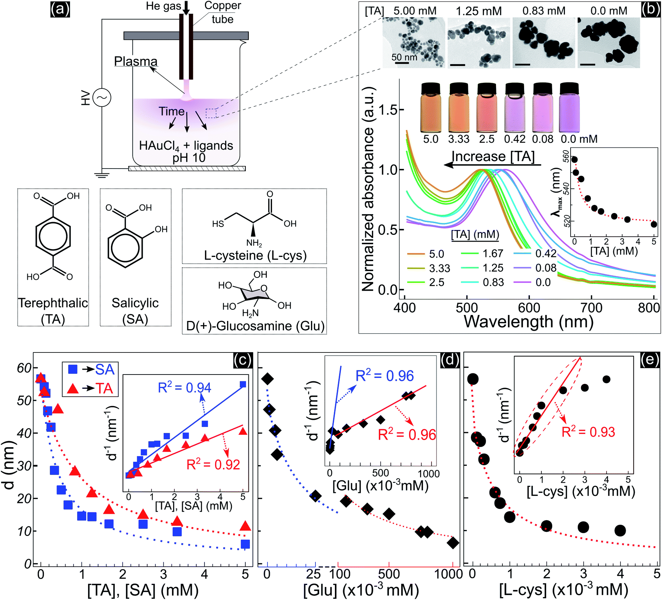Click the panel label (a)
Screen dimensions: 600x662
pyautogui.click(x=60, y=9)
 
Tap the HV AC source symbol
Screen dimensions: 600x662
pyautogui.click(x=102, y=98)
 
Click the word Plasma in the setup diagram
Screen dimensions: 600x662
pyautogui.click(x=136, y=61)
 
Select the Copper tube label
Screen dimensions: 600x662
pyautogui.click(x=223, y=12)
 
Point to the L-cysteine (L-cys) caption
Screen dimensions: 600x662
pyautogui.click(x=255, y=255)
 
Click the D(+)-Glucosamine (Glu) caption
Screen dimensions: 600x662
pyautogui.click(x=255, y=326)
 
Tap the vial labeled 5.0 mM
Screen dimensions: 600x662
pyautogui.click(x=431, y=108)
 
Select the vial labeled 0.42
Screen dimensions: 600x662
pyautogui.click(x=514, y=108)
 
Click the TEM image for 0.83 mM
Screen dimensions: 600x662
pyautogui.click(x=543, y=42)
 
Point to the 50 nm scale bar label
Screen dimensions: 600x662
pyautogui.click(x=404, y=57)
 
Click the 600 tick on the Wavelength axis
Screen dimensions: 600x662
pyautogui.click(x=529, y=307)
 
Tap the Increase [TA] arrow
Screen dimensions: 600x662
pyautogui.click(x=492, y=164)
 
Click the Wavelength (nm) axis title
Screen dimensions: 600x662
pyautogui.click(x=529, y=322)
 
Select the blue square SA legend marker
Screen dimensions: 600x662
pyautogui.click(x=73, y=370)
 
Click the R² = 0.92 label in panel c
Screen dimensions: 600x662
pyautogui.click(x=213, y=465)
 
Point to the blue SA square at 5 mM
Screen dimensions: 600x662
pyautogui.click(x=245, y=544)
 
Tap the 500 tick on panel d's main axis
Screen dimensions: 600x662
pyautogui.click(x=389, y=574)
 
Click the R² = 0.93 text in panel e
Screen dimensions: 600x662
pyautogui.click(x=588, y=432)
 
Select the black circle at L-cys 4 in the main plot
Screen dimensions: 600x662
pyautogui.click(x=620, y=530)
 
